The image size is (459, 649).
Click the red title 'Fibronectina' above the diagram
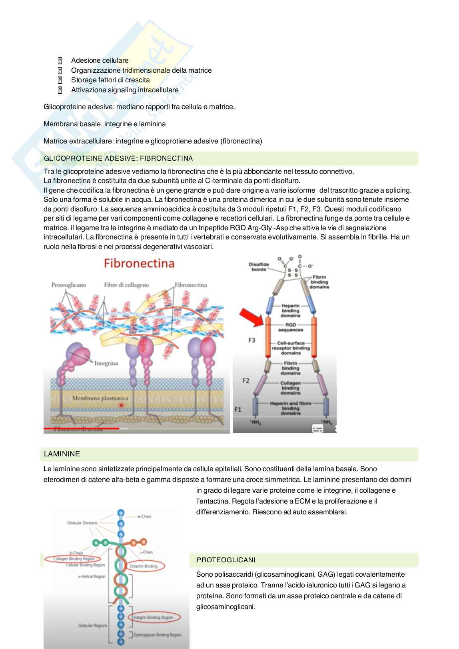pyautogui.click(x=139, y=263)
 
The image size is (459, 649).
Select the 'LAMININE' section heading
pyautogui.click(x=62, y=454)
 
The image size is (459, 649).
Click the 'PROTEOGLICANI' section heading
pyautogui.click(x=226, y=560)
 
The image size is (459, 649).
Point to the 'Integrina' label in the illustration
pyautogui.click(x=106, y=363)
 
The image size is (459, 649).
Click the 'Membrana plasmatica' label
pyautogui.click(x=100, y=398)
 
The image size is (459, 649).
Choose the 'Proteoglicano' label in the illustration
pyautogui.click(x=68, y=285)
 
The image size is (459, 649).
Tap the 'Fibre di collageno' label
pyautogui.click(x=126, y=285)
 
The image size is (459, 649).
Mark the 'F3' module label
pyautogui.click(x=251, y=340)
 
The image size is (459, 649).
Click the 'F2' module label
pyautogui.click(x=245, y=380)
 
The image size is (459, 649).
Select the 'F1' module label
pyautogui.click(x=237, y=410)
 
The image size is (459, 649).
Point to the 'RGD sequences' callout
pyautogui.click(x=291, y=327)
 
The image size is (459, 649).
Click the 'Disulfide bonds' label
pyautogui.click(x=259, y=267)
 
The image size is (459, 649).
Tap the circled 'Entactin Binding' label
pyautogui.click(x=144, y=566)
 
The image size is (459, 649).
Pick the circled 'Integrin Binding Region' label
pyautogui.click(x=153, y=617)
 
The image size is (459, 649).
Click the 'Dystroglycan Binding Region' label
pyautogui.click(x=157, y=635)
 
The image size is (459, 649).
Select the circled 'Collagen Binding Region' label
pyautogui.click(x=74, y=559)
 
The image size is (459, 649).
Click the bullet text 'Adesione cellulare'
pyautogui.click(x=100, y=61)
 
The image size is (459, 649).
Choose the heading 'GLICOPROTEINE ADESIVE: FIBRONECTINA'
pyautogui.click(x=118, y=159)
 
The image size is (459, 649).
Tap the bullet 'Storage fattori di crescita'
pyautogui.click(x=110, y=80)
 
